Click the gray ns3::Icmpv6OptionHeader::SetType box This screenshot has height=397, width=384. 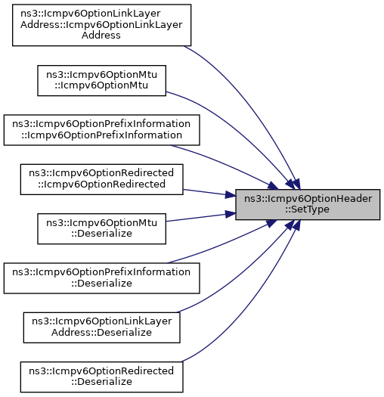pos(308,204)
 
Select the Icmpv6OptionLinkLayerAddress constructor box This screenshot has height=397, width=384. pos(101,25)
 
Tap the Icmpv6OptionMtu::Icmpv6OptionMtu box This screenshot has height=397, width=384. pos(101,80)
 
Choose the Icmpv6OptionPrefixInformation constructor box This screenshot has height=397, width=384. pos(101,130)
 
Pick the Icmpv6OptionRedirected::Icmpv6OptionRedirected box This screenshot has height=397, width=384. pos(101,179)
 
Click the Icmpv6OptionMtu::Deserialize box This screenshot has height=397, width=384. pos(101,228)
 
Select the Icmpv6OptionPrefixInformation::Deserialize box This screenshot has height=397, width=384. pos(101,278)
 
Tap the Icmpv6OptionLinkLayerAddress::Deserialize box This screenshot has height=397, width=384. pos(101,327)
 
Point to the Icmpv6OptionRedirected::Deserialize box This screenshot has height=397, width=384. pos(101,377)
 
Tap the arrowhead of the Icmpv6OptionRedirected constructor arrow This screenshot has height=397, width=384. pos(231,195)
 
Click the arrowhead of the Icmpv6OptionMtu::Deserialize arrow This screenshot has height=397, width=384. pos(231,214)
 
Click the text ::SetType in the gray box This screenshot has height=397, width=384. pos(308,209)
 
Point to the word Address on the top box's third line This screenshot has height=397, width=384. pos(101,36)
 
